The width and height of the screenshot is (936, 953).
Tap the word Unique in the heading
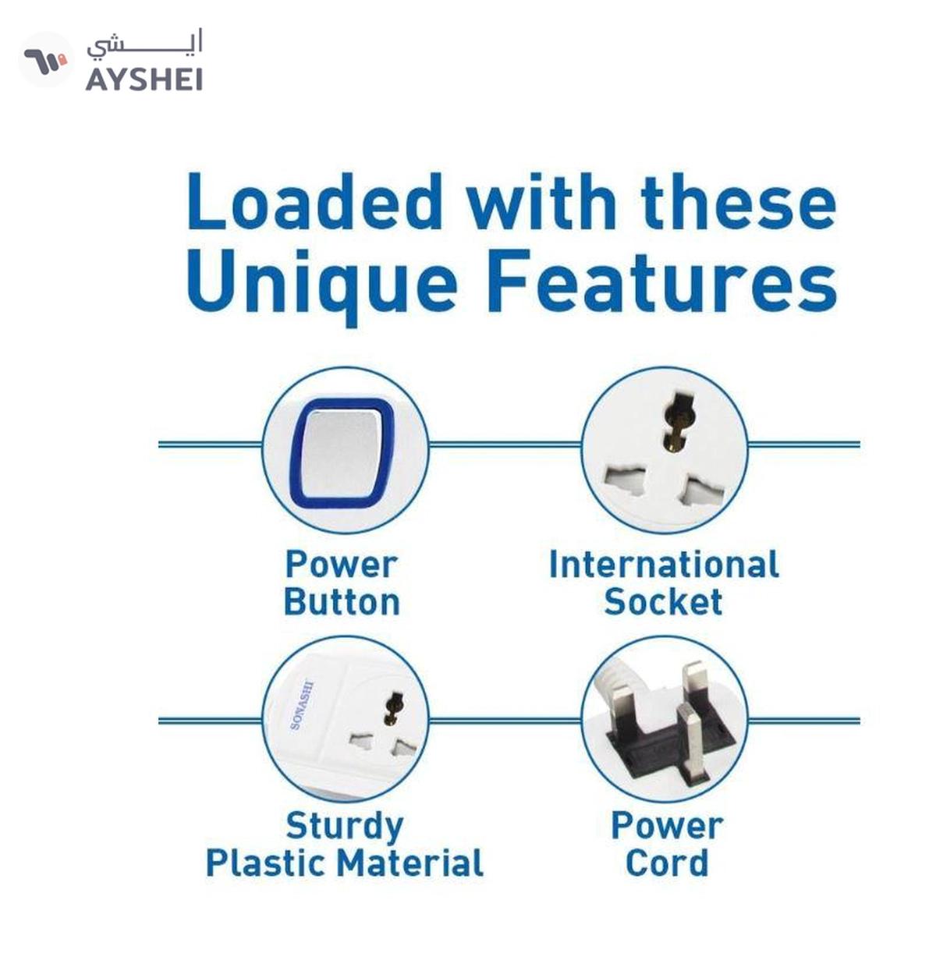(x=321, y=287)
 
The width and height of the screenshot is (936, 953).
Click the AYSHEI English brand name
(x=144, y=80)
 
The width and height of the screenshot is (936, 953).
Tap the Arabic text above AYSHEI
(x=144, y=45)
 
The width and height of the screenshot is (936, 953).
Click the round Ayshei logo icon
(x=46, y=59)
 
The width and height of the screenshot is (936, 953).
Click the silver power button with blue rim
(x=342, y=452)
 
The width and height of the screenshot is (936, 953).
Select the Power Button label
(x=342, y=583)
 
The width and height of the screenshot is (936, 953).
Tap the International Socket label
(x=664, y=583)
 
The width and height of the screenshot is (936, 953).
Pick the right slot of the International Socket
(x=703, y=490)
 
